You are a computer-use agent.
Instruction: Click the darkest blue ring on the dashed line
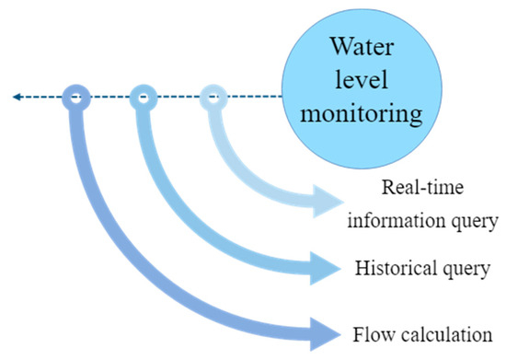pos(75,96)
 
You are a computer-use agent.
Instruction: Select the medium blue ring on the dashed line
pos(144,96)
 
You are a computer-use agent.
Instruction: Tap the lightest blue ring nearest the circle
pos(213,96)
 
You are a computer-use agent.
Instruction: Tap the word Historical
pos(391,270)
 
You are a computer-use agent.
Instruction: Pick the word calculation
pos(444,332)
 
